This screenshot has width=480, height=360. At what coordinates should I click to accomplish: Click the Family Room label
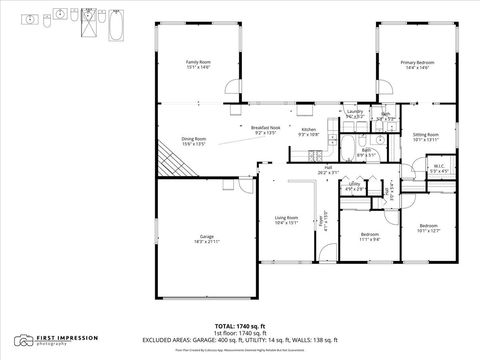pyautogui.click(x=198, y=65)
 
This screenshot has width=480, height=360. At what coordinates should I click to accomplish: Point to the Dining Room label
pyautogui.click(x=193, y=141)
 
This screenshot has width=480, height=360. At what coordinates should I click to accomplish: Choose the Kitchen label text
pyautogui.click(x=309, y=131)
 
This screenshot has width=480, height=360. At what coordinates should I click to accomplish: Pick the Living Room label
pyautogui.click(x=287, y=221)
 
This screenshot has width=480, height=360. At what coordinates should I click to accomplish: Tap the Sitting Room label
pyautogui.click(x=427, y=137)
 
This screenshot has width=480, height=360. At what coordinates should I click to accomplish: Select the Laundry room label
pyautogui.click(x=354, y=115)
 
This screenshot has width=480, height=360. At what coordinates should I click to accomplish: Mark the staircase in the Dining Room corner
pyautogui.click(x=171, y=156)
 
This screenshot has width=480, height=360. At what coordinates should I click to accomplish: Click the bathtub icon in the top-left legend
pyautogui.click(x=115, y=24)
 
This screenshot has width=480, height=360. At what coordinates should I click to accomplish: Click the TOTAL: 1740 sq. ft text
pyautogui.click(x=239, y=326)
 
